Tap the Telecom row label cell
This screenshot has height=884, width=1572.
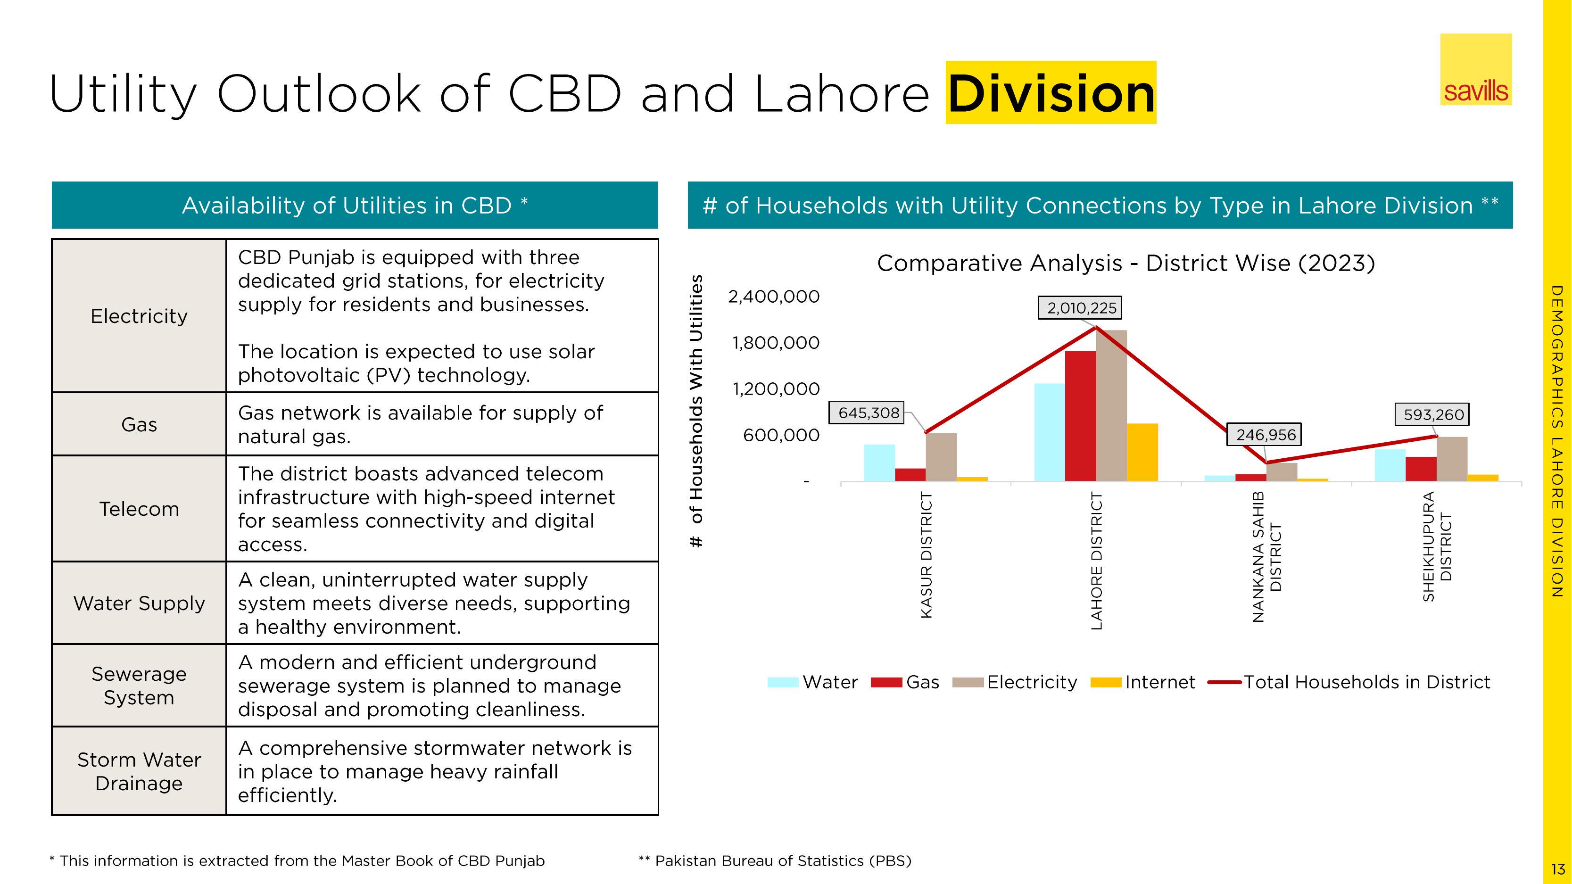pyautogui.click(x=139, y=509)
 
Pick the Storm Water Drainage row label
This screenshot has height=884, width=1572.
pyautogui.click(x=139, y=771)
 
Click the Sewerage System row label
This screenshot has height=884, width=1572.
pyautogui.click(x=139, y=685)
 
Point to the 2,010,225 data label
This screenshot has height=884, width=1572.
pyautogui.click(x=1081, y=308)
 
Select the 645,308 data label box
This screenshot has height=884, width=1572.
pyautogui.click(x=868, y=413)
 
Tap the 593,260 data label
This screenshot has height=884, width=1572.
pyautogui.click(x=1433, y=415)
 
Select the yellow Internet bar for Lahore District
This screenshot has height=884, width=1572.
pyautogui.click(x=1142, y=452)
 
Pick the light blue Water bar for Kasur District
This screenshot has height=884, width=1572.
pyautogui.click(x=879, y=463)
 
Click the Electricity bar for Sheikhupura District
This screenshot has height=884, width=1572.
pyautogui.click(x=1452, y=459)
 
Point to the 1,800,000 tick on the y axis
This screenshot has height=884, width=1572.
pyautogui.click(x=776, y=343)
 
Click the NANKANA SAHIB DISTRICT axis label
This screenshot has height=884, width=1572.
pyautogui.click(x=1266, y=556)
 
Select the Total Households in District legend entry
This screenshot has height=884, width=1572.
pyautogui.click(x=1349, y=682)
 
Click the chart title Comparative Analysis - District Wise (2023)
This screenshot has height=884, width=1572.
pyautogui.click(x=1125, y=264)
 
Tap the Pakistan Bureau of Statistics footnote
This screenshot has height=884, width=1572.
pyautogui.click(x=775, y=861)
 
